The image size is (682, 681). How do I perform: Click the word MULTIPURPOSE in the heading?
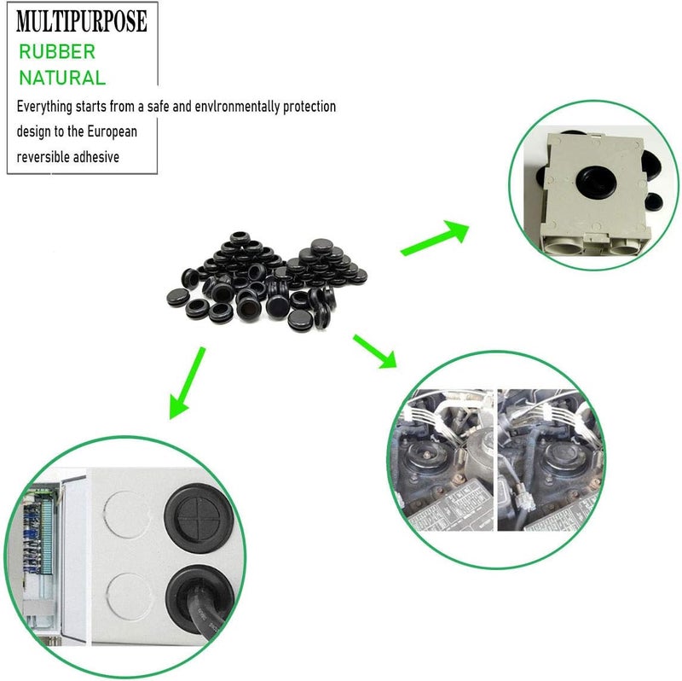(x=82, y=21)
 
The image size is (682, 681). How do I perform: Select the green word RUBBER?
(x=57, y=52)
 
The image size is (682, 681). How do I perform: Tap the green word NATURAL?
(x=62, y=78)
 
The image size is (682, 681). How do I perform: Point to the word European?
(x=113, y=131)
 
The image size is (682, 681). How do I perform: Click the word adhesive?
(x=96, y=156)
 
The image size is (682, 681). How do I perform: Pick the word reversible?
(x=43, y=156)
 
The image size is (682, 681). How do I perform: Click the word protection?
(x=309, y=106)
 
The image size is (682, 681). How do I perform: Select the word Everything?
(x=44, y=107)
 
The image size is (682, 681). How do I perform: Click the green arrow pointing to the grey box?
(x=435, y=238)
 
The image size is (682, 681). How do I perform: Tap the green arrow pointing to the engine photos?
(x=375, y=352)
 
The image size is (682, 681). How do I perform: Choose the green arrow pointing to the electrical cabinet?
(x=187, y=383)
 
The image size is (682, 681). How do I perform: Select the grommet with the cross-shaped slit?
(x=199, y=518)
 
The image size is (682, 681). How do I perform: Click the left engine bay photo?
(x=442, y=460)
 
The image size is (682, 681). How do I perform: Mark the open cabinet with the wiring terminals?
(x=48, y=557)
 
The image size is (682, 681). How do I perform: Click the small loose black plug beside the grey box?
(x=653, y=201)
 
